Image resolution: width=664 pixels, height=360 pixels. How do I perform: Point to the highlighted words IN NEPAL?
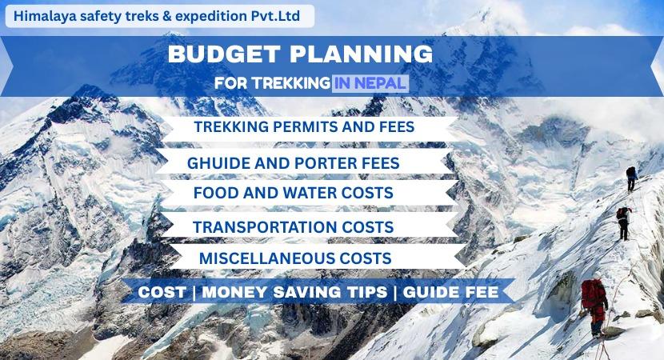click(x=370, y=82)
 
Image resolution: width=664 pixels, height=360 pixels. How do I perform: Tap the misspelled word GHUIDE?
click(x=217, y=162)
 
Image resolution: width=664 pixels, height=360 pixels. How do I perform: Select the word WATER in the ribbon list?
click(x=310, y=194)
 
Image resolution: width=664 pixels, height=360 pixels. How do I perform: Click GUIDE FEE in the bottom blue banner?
click(x=450, y=293)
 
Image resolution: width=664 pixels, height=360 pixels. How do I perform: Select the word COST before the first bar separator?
click(x=162, y=293)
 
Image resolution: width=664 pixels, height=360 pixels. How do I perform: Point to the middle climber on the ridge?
click(x=622, y=222)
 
